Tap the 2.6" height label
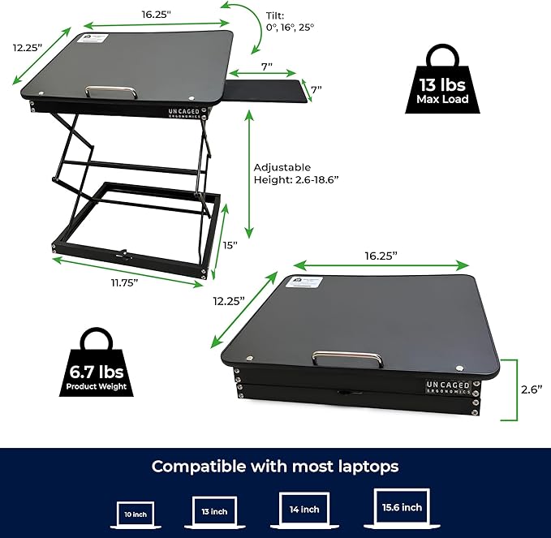(532, 389)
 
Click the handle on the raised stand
(112, 92)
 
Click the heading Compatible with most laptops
(275, 466)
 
